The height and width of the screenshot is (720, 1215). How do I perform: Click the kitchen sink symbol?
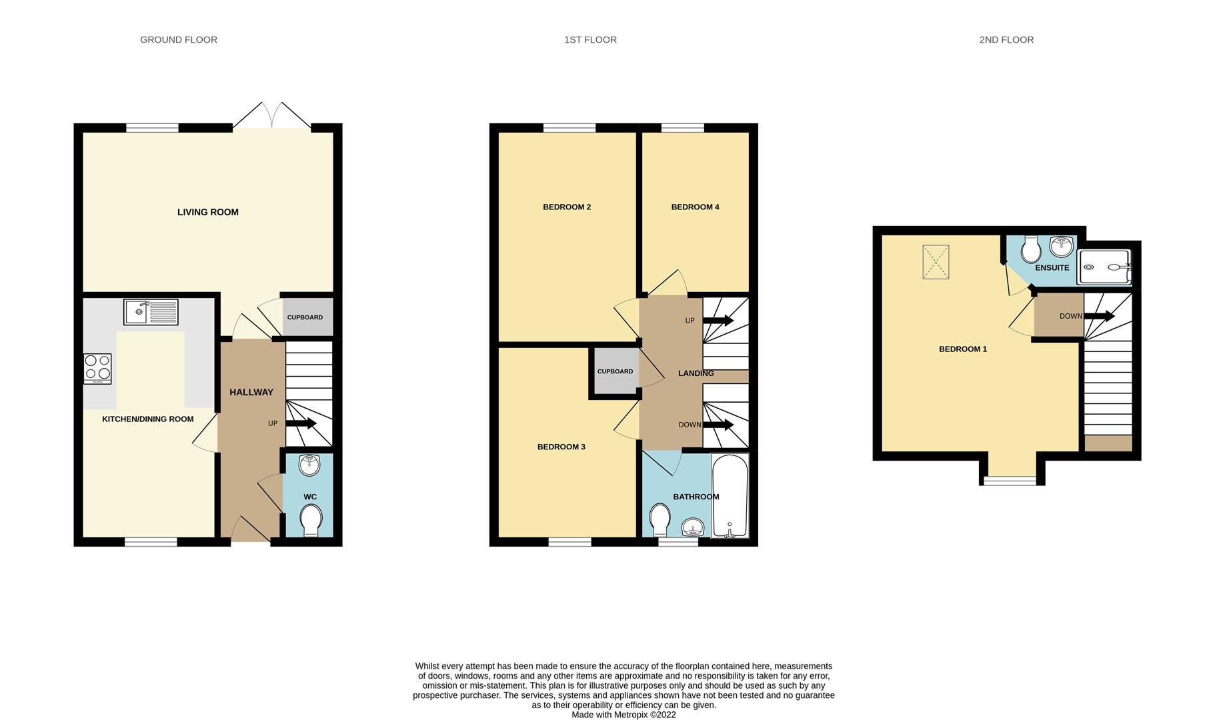[151, 312]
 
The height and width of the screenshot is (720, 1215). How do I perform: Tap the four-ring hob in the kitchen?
[97, 368]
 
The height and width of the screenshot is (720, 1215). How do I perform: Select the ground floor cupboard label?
[305, 317]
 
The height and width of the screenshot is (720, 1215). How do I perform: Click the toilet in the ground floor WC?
[311, 520]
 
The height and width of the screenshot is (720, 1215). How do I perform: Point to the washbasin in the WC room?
[309, 465]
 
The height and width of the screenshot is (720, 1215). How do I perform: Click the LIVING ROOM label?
[207, 212]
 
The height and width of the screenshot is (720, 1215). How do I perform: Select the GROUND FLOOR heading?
[178, 40]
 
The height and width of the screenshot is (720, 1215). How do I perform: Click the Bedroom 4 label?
[695, 207]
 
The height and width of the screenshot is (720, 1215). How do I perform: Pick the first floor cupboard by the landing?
[615, 372]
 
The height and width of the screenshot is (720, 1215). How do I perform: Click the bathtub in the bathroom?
[730, 495]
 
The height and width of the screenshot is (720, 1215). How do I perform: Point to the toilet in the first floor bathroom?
[660, 519]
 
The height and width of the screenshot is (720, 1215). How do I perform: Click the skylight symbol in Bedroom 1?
[936, 262]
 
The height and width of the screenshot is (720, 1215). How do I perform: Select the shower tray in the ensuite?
[1104, 267]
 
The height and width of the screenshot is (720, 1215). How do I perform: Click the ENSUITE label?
[1052, 268]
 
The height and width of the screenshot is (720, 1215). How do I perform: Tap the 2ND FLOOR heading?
[1006, 40]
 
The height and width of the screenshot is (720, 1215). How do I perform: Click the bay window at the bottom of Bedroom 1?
[1011, 480]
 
